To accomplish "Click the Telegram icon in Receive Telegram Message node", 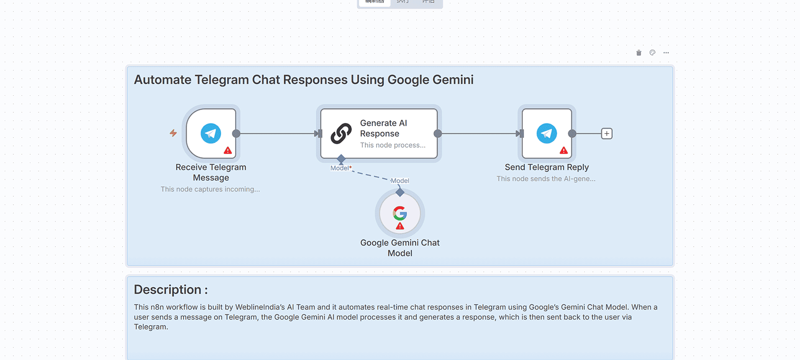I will point(211,133).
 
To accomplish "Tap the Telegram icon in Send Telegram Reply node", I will point(547,133).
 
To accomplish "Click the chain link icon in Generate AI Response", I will point(341,133).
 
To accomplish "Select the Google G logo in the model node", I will point(400,213).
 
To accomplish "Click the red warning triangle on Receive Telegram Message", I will point(228,150).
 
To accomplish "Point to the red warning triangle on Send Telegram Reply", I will point(564,150).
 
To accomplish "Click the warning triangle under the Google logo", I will point(400,226).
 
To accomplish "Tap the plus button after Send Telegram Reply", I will point(607,134).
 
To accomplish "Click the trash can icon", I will point(639,53).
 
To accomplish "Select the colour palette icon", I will point(652,53).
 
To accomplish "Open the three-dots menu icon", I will point(666,53).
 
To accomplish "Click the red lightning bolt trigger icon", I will point(173,133).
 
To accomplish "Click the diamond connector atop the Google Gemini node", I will point(400,192).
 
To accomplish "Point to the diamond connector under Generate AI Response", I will point(341,159).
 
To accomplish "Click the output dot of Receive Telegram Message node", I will point(236,134).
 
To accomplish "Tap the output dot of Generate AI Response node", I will point(438,134).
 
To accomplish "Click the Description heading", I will point(170,290).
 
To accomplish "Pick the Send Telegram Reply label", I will point(547,167).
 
